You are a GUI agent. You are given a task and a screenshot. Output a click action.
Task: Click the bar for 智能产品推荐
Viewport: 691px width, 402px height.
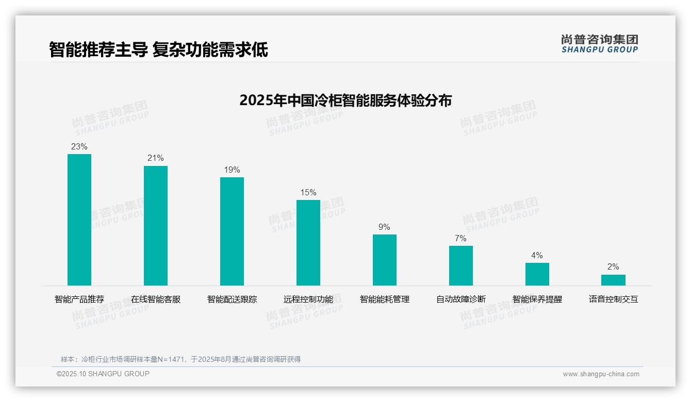click(79, 220)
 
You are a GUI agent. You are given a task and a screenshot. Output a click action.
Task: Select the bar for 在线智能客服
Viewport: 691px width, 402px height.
click(156, 225)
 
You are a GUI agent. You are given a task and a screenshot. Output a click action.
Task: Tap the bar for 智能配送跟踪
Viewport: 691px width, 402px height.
click(232, 231)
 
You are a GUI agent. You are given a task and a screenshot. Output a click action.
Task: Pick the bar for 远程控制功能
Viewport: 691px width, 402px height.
click(308, 242)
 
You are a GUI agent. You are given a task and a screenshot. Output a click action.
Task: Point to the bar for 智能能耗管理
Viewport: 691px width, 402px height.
click(385, 260)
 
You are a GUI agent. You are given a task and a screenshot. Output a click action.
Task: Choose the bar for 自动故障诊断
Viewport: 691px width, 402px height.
click(461, 265)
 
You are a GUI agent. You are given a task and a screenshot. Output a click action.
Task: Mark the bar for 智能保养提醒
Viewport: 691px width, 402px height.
click(537, 274)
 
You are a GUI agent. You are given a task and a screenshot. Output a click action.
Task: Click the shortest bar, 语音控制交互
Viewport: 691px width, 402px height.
click(613, 280)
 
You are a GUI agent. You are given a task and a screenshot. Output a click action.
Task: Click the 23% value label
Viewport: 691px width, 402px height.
click(79, 147)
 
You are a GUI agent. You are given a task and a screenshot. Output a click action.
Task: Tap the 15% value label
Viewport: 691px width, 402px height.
click(308, 193)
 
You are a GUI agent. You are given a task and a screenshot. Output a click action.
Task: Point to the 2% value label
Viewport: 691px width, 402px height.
click(613, 267)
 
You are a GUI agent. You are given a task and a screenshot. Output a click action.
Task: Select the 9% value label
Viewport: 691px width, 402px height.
click(384, 227)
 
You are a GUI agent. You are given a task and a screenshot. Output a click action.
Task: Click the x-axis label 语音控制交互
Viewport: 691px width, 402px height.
click(614, 299)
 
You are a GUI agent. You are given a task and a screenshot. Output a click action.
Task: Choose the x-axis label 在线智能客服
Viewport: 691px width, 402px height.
click(156, 299)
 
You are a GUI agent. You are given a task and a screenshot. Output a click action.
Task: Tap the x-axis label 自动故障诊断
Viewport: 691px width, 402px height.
click(461, 299)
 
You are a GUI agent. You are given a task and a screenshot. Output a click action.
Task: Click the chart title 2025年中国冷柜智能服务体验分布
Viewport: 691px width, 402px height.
click(345, 100)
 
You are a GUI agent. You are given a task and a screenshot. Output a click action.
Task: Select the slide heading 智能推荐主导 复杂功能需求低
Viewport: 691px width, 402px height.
click(158, 49)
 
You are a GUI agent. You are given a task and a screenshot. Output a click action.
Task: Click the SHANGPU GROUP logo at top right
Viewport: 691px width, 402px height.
click(599, 44)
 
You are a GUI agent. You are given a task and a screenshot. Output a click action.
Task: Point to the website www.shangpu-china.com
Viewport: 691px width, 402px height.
click(601, 374)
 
